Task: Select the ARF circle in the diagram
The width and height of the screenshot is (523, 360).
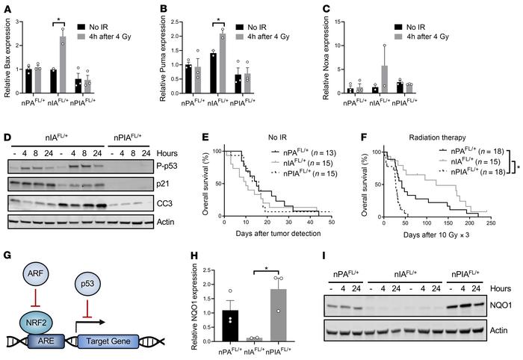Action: (41, 264)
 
